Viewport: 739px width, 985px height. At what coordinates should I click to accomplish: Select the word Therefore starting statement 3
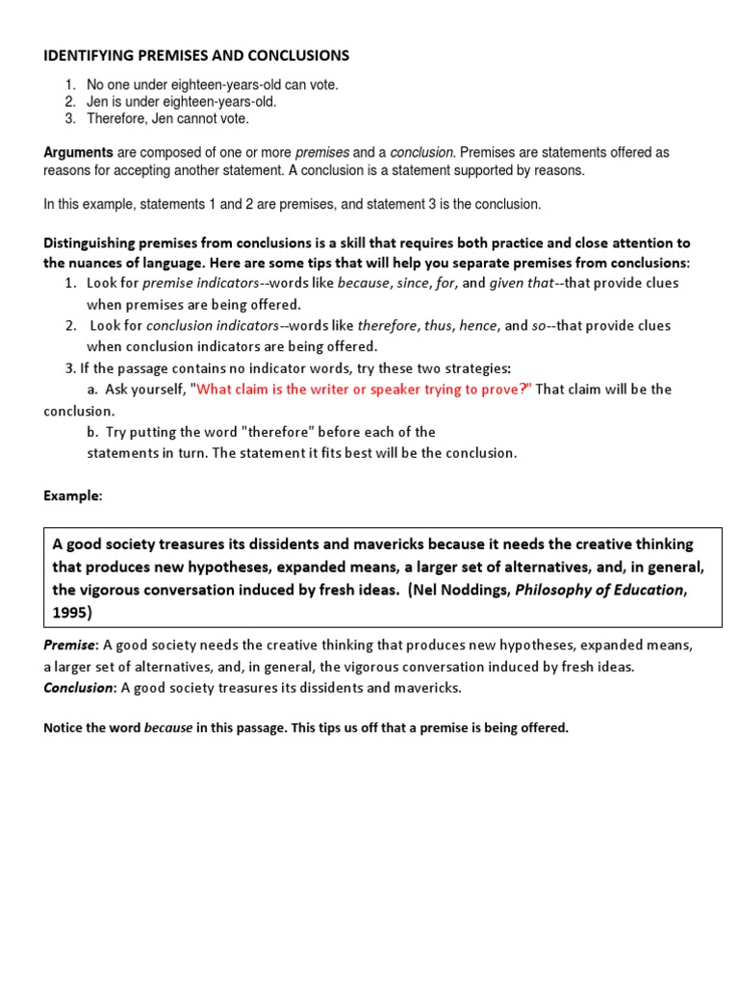point(117,118)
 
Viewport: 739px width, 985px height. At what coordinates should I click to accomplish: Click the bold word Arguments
point(78,153)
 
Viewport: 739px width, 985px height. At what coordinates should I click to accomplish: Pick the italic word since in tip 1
point(415,283)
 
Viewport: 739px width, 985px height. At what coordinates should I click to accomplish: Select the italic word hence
point(478,325)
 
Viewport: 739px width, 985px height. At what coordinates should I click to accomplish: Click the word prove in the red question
point(502,389)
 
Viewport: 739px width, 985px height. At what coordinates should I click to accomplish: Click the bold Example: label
point(72,495)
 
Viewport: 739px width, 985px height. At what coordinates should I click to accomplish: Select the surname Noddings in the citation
point(477,591)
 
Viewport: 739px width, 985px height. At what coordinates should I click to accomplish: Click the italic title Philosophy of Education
point(599,591)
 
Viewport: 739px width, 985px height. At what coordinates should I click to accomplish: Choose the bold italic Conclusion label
point(79,688)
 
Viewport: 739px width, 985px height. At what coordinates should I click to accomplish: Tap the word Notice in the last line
point(64,728)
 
